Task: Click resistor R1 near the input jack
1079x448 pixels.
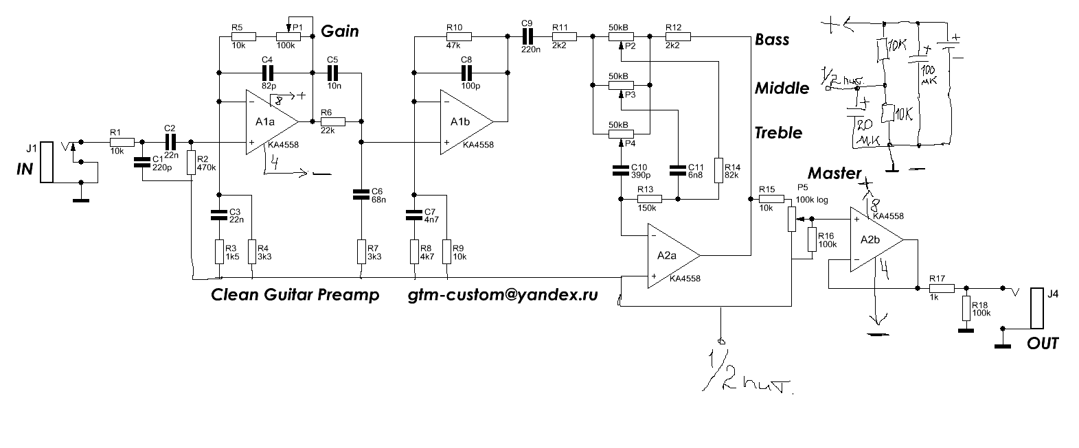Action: (x=116, y=142)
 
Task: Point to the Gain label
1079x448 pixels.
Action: (x=340, y=32)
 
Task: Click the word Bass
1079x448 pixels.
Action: (x=772, y=40)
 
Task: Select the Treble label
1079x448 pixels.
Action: (x=778, y=132)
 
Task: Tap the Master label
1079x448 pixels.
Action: (x=834, y=174)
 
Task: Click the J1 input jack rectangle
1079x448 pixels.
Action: (x=46, y=163)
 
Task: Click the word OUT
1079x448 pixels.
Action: (x=1043, y=344)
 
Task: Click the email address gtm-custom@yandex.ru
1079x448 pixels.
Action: (x=503, y=296)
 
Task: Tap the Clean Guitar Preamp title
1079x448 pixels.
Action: (x=295, y=296)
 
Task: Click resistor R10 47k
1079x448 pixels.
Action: (x=455, y=38)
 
